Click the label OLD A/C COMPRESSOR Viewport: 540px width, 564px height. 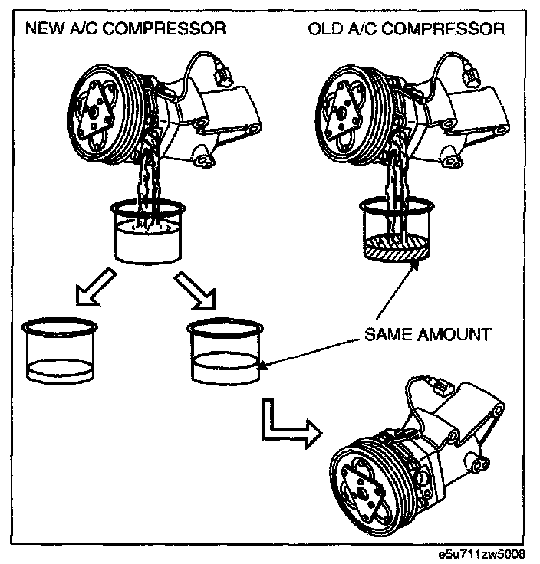pos(406,30)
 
